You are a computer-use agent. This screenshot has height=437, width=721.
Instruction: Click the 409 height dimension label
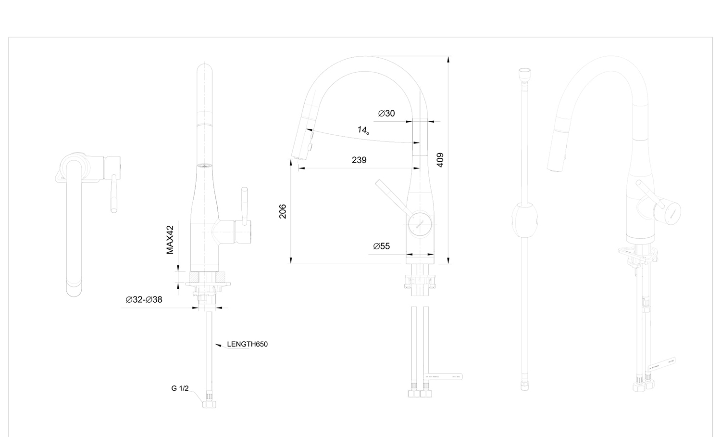pos(440,160)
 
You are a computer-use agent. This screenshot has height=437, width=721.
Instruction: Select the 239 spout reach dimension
pos(359,160)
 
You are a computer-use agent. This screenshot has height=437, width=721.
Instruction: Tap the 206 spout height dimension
pos(283,211)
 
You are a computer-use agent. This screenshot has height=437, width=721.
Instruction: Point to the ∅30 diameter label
pos(386,114)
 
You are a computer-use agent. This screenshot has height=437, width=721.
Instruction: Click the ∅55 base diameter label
pos(382,246)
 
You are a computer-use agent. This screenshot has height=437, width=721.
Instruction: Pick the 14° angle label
pos(363,130)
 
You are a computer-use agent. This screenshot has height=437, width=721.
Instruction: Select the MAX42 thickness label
pos(170,240)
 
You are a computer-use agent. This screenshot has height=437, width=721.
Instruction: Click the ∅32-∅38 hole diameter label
pos(144,300)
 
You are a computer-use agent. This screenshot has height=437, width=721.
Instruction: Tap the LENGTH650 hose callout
pos(247,344)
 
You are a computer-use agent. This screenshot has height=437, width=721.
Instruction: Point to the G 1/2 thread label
pos(180,388)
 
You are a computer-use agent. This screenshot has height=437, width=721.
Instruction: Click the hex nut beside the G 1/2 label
pos(209,402)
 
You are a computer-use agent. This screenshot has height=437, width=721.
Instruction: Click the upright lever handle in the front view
pos(244,206)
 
